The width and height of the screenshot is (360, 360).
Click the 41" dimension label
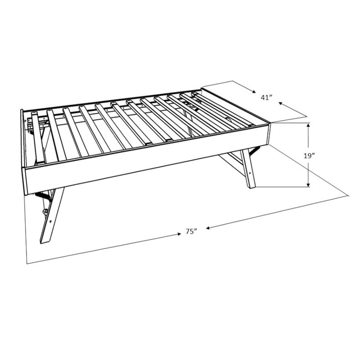(x=266, y=97)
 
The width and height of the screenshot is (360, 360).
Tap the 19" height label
(x=309, y=156)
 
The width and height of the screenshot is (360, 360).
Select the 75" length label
(x=192, y=231)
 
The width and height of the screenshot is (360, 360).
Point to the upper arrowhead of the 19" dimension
(x=308, y=125)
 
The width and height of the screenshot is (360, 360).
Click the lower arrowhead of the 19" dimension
(x=308, y=185)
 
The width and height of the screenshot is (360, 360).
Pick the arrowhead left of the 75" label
(x=179, y=234)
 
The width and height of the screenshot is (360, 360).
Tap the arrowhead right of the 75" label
(x=208, y=228)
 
